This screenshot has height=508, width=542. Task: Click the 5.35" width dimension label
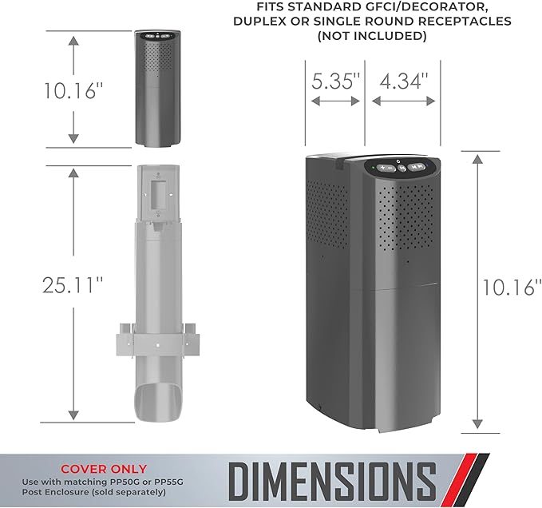coord(335,81)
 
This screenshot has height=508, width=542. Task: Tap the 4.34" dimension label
coord(404,81)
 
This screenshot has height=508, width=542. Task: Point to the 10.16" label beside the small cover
coord(73,90)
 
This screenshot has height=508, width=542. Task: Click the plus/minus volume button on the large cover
coord(386,168)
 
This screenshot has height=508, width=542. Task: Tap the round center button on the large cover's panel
coord(402,168)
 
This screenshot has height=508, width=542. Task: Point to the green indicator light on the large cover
coord(374,169)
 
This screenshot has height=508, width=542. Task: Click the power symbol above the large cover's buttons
coord(398,161)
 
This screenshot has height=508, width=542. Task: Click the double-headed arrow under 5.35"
coord(335,101)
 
